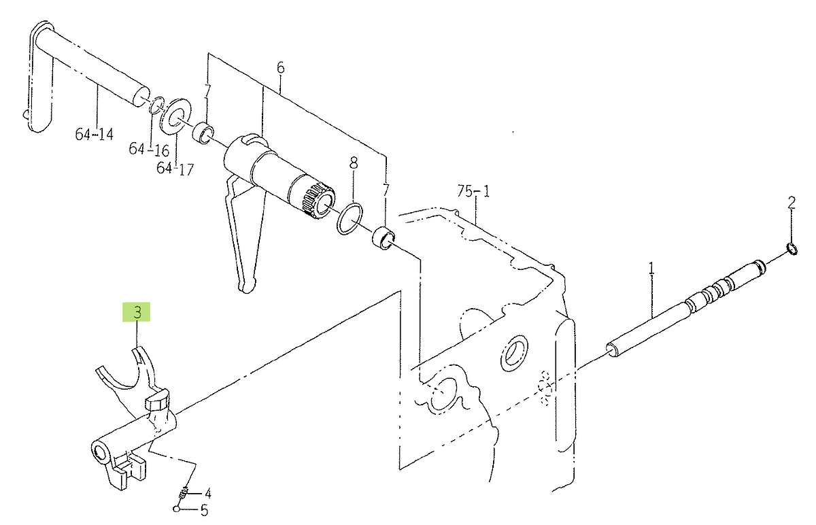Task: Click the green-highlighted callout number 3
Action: point(137,312)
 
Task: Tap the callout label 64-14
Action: point(95,134)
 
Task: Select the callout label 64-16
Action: point(149,150)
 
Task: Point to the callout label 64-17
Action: point(175,169)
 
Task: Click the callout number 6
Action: point(280,67)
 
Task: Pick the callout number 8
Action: point(354,163)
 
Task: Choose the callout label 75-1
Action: point(474,191)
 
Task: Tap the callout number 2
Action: point(792,203)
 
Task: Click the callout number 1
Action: point(651,269)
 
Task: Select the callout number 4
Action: point(207,494)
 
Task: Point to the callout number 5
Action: point(204,511)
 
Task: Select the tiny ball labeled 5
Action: point(177,509)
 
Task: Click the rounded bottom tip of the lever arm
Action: point(247,287)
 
